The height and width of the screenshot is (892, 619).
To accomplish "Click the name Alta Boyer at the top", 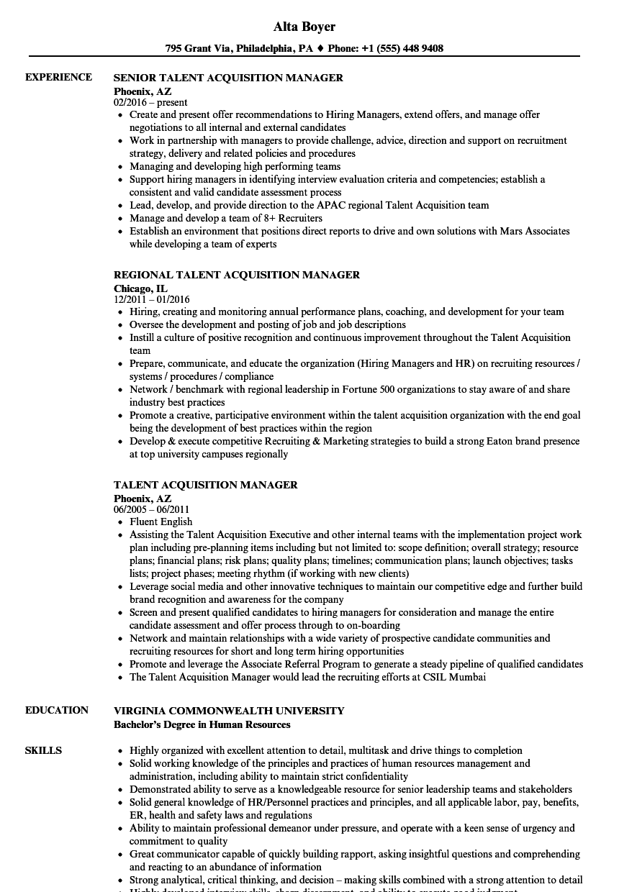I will coord(304,27).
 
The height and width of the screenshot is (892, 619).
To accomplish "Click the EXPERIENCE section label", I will coord(58,77).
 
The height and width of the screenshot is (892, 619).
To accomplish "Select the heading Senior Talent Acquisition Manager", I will coord(228,78).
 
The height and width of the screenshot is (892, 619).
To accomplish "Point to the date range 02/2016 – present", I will coord(150,102).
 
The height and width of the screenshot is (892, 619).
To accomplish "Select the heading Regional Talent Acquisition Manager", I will coord(236,275).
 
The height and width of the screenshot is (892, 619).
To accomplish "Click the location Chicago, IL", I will coord(140,288).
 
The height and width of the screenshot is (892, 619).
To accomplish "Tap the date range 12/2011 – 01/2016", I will coord(151,299).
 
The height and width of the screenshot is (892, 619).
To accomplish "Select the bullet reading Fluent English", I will coord(161,522).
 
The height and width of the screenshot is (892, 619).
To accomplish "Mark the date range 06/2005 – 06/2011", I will coord(151,509).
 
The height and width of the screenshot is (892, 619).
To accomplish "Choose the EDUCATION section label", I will coord(56,710).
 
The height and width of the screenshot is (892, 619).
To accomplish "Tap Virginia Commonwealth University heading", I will coord(229,711).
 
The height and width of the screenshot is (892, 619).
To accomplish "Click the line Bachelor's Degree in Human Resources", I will coord(202,724).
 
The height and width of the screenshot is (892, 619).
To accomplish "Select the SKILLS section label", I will coord(43,750).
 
